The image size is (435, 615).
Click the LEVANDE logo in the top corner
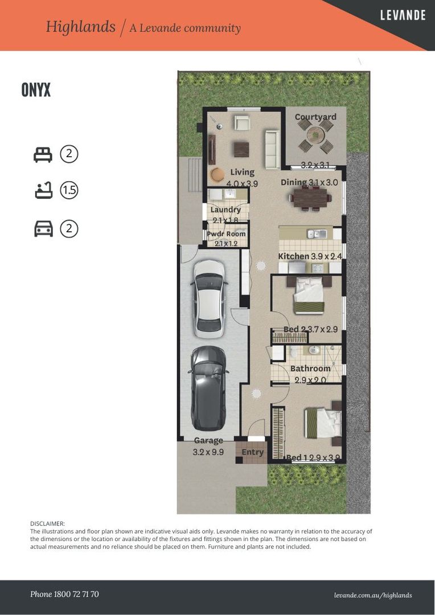click(x=403, y=15)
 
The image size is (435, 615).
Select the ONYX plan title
click(x=36, y=90)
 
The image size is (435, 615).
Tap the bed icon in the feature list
click(x=43, y=154)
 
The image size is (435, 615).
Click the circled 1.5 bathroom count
click(x=69, y=191)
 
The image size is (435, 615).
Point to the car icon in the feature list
click(x=43, y=229)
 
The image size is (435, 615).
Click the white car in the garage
click(x=209, y=299)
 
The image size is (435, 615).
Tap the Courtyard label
click(x=315, y=117)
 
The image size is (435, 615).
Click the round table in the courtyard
click(x=316, y=136)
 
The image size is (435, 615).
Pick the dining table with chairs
click(x=310, y=198)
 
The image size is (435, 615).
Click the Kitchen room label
click(x=293, y=256)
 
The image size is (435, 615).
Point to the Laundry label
click(x=225, y=210)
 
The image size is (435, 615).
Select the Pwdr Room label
click(x=227, y=234)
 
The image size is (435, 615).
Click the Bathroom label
click(x=310, y=368)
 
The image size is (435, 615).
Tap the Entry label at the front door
click(x=252, y=452)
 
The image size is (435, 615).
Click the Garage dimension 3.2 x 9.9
click(x=208, y=452)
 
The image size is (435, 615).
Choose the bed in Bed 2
click(x=309, y=296)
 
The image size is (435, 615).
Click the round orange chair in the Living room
click(x=216, y=174)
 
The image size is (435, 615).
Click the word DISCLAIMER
click(x=47, y=524)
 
